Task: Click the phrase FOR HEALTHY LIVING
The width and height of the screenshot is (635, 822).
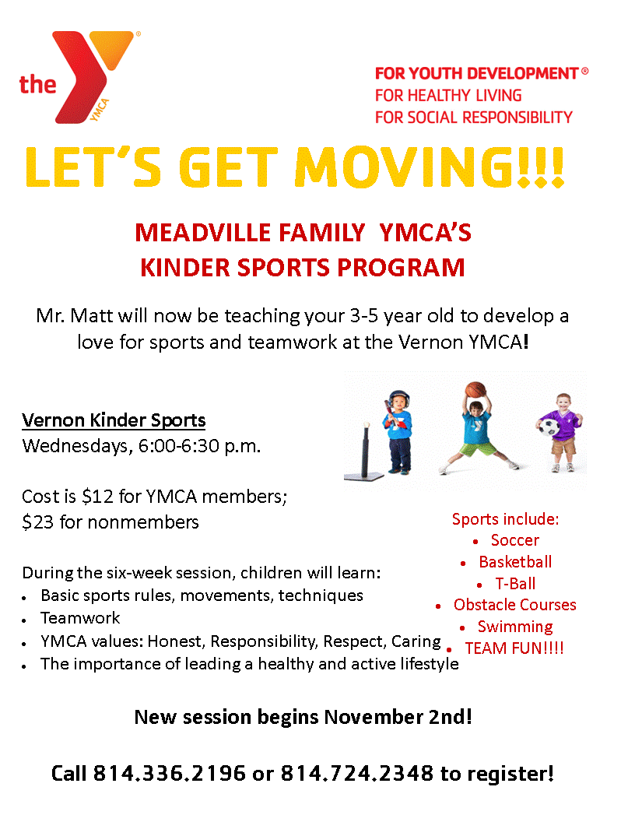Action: (448, 96)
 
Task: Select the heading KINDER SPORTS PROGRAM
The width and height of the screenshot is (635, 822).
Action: (302, 268)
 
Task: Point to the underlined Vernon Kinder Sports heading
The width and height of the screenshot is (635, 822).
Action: (114, 421)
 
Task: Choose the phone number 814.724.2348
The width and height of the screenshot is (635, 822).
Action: (356, 774)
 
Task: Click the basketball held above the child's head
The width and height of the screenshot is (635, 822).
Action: (474, 391)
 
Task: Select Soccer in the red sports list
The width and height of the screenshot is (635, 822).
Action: (514, 540)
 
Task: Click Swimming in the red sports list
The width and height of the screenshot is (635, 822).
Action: (514, 627)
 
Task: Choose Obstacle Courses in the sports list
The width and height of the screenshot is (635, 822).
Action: (514, 605)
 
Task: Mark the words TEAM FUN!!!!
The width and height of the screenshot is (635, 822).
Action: (514, 648)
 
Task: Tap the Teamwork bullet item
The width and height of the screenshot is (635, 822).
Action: (80, 618)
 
